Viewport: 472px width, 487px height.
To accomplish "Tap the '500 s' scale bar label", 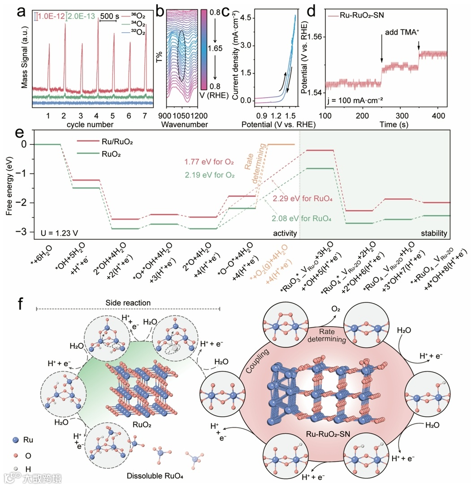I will (109, 16).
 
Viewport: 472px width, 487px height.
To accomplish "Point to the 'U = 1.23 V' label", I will (56, 233).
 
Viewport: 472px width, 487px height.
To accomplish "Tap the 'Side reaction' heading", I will (128, 303).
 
